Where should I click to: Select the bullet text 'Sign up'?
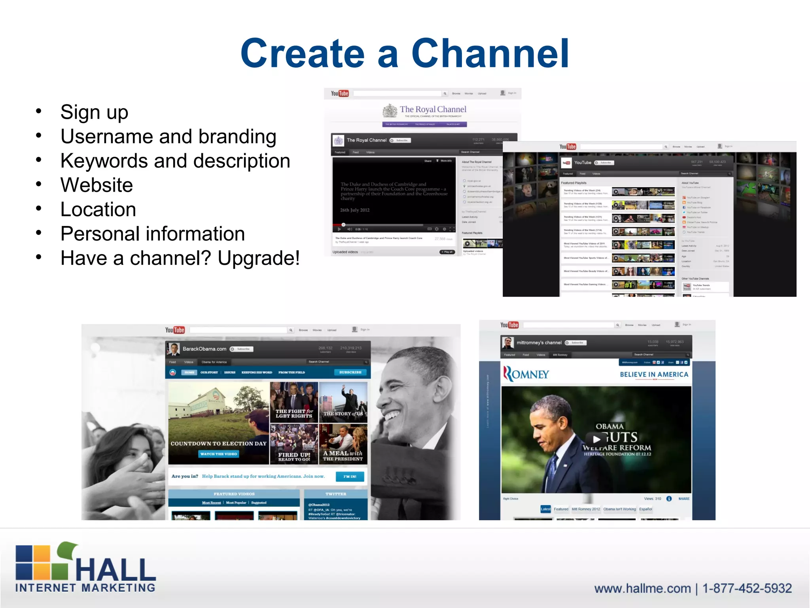click(94, 112)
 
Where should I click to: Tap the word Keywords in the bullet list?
click(104, 161)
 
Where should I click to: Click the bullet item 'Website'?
click(97, 185)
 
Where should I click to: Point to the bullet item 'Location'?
click(98, 209)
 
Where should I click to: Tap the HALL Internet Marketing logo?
click(85, 568)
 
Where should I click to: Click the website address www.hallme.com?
click(642, 589)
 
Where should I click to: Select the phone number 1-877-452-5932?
click(747, 589)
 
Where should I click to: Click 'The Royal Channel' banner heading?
click(433, 109)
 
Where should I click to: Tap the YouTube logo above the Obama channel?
click(175, 330)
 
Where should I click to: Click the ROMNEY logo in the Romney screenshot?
click(526, 374)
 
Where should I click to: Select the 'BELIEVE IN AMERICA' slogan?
click(654, 374)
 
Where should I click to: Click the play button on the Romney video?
click(596, 439)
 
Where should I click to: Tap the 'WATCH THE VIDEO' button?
click(218, 454)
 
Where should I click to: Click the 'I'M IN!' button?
click(350, 477)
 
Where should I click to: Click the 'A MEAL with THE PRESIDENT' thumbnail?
click(343, 445)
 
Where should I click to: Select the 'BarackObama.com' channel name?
click(204, 349)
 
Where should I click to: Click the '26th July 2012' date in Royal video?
click(355, 210)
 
